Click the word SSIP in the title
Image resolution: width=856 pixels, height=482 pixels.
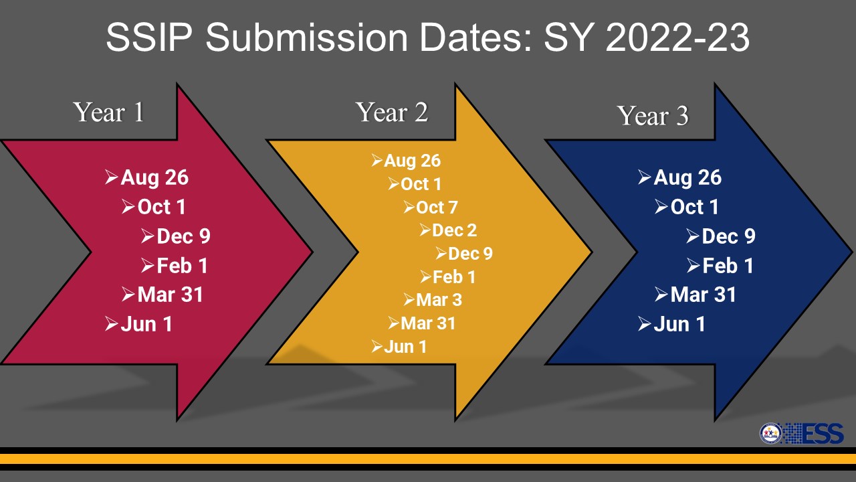click(148, 37)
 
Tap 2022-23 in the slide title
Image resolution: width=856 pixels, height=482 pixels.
click(677, 37)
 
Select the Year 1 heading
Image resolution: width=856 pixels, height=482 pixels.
click(109, 112)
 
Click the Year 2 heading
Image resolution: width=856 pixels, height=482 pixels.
click(392, 112)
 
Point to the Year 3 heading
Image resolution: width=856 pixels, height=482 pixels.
click(653, 115)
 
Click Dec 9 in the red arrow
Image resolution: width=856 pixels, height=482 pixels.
click(183, 236)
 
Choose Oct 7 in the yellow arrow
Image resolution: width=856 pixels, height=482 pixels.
click(437, 208)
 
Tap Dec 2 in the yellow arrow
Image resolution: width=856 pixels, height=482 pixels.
click(454, 230)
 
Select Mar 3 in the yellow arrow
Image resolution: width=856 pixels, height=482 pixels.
click(439, 300)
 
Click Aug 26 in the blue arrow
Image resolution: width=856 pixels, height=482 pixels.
click(687, 178)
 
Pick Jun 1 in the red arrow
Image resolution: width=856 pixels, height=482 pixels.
click(146, 324)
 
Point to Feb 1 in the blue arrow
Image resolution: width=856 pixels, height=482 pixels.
click(728, 266)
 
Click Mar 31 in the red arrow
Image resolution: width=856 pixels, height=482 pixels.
click(170, 295)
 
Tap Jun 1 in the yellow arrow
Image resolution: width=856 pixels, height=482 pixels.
click(405, 347)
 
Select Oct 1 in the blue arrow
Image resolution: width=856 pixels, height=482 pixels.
click(694, 207)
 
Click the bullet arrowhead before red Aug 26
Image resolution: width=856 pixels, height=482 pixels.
click(112, 177)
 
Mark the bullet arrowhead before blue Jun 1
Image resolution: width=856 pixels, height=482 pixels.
click(645, 324)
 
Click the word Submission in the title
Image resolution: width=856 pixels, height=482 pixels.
click(307, 37)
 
